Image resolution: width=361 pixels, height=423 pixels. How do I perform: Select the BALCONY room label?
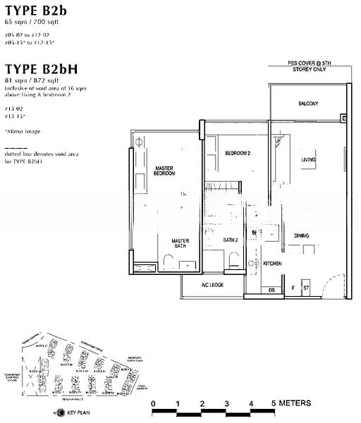pos(307,104)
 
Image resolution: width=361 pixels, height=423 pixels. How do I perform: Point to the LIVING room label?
pos(308,160)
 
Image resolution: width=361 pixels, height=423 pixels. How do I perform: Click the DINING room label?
pos(302,235)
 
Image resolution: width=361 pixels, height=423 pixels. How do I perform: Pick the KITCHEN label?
pos(273,263)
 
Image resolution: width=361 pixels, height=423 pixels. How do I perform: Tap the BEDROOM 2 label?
pos(238,153)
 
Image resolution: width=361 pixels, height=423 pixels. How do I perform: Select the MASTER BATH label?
pos(180,244)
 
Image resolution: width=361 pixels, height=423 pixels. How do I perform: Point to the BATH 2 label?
pos(231,240)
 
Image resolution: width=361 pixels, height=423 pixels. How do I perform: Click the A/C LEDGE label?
pos(212,285)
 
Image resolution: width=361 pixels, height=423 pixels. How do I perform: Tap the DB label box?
pos(271,289)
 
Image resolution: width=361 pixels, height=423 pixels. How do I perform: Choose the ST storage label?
pos(306,288)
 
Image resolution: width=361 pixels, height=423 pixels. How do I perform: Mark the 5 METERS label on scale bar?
pos(290,403)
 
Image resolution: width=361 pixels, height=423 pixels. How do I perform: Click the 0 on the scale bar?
pos(153,403)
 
